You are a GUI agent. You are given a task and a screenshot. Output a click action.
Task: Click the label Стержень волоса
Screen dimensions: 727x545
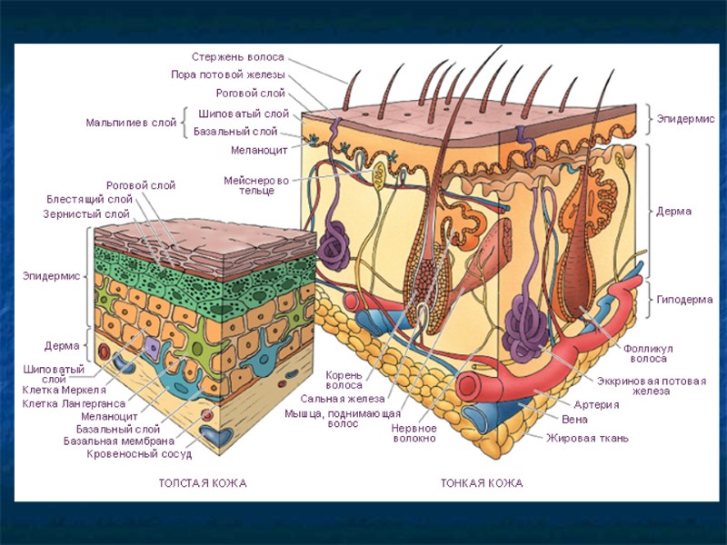pos(237,56)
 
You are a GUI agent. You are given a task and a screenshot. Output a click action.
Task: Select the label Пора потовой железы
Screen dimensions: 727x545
pos(228,74)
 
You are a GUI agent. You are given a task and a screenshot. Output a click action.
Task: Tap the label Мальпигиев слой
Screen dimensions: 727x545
pos(131,122)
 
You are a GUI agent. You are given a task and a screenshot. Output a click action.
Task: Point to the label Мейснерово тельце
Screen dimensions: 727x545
pos(256,186)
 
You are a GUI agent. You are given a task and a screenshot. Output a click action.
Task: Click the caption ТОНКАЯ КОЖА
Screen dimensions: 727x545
pos(482,483)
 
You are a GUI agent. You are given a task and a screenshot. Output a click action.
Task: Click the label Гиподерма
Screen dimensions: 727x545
pos(684,299)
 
